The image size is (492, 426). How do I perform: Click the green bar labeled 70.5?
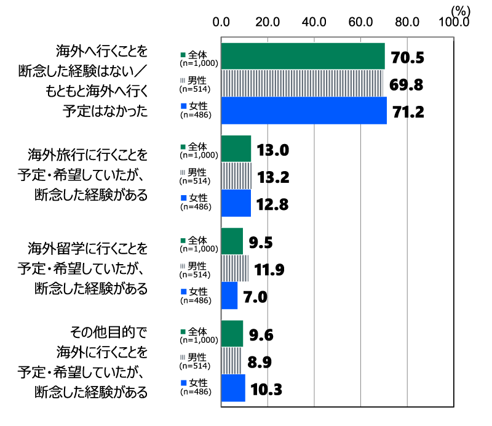[x=303, y=57]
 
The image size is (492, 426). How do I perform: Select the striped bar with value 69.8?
[x=301, y=84]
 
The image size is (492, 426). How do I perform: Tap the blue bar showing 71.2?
[x=304, y=111]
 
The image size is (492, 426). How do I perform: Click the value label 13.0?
[x=274, y=150]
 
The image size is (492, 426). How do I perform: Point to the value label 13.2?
[x=274, y=177]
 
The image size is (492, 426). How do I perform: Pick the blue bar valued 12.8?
[x=236, y=203]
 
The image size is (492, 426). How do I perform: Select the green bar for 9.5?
[x=232, y=241]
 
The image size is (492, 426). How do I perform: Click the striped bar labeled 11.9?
[x=234, y=268]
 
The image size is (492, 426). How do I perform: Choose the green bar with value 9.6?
[x=232, y=334]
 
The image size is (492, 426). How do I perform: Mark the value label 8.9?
[x=258, y=361]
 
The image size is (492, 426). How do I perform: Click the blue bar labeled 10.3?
[x=233, y=388]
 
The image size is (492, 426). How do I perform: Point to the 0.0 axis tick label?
[x=221, y=23]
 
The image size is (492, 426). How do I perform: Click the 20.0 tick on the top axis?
[x=268, y=23]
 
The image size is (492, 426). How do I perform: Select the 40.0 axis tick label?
[x=314, y=23]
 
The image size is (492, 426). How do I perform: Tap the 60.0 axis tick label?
[x=361, y=23]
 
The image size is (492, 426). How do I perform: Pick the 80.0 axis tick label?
[x=408, y=23]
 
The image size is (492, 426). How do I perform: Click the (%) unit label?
[x=460, y=10]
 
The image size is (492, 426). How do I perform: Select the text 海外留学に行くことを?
[x=89, y=249]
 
